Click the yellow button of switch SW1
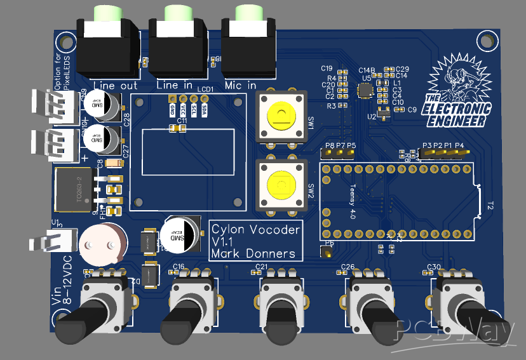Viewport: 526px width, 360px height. (x=281, y=116)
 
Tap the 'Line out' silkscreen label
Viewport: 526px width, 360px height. (x=115, y=85)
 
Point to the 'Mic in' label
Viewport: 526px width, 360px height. (x=241, y=85)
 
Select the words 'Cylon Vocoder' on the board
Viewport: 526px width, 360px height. (x=255, y=230)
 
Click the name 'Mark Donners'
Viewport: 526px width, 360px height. (x=253, y=254)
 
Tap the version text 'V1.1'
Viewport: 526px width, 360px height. (x=224, y=242)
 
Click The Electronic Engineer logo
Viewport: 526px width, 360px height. (x=459, y=89)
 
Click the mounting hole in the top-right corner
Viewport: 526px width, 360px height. (x=488, y=41)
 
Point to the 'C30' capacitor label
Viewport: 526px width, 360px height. (x=435, y=267)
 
